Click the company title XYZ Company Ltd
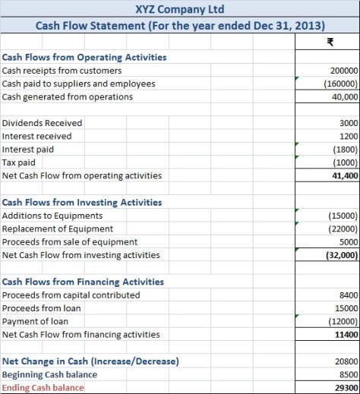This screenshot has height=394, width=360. (x=179, y=10)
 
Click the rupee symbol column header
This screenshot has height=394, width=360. (x=328, y=43)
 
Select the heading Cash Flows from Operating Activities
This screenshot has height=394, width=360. (x=84, y=57)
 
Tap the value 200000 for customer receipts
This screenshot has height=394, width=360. (x=343, y=71)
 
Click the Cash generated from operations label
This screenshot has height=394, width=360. (x=68, y=96)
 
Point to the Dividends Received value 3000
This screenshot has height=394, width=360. (x=349, y=123)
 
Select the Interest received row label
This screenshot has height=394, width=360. (x=37, y=136)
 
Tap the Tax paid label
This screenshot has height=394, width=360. (x=19, y=162)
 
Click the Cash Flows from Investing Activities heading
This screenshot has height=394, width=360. (x=82, y=202)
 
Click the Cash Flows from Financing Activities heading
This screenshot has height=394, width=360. (x=83, y=282)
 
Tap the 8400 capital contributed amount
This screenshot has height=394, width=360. (x=348, y=295)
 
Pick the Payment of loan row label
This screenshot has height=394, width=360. (x=35, y=321)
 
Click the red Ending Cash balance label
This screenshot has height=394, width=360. (x=43, y=388)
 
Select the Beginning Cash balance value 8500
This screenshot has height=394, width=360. (x=348, y=375)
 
